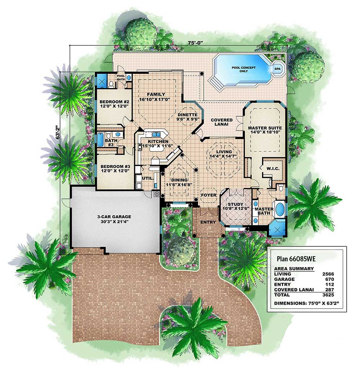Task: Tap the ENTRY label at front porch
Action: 208,222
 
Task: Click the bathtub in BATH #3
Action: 100,140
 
